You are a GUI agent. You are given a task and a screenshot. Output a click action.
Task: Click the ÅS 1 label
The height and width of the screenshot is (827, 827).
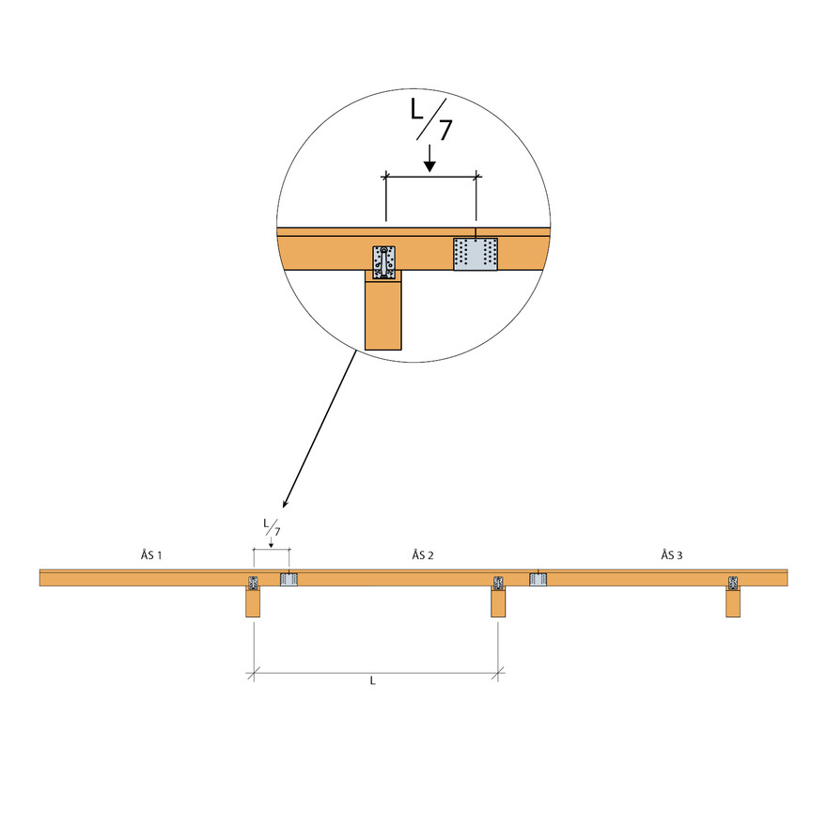click(x=151, y=554)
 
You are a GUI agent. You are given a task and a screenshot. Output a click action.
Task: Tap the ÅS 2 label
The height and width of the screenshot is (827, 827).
click(x=423, y=554)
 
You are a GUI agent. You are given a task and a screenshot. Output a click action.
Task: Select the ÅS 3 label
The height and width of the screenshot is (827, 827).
click(x=672, y=554)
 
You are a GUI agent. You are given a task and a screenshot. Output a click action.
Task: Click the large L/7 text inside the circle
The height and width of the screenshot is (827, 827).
click(x=431, y=119)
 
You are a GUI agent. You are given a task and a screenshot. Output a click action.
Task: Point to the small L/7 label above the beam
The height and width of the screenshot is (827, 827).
click(x=273, y=527)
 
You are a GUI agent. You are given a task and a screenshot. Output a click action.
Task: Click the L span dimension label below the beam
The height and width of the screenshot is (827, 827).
click(x=372, y=681)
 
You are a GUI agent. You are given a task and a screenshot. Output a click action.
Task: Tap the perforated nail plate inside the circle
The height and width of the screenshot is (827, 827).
click(x=476, y=255)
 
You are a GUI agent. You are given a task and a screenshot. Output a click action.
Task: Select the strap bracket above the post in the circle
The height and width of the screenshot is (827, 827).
click(x=384, y=262)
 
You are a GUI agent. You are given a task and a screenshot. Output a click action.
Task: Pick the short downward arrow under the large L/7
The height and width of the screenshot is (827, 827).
click(x=429, y=158)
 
